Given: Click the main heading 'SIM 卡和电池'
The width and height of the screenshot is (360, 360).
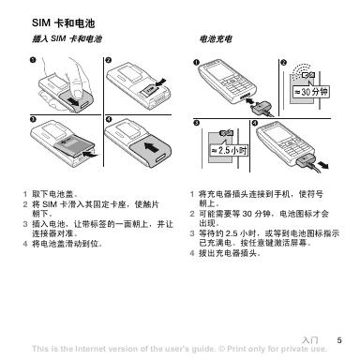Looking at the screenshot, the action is pyautogui.click(x=64, y=23).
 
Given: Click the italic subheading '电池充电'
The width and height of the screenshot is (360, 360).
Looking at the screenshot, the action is pyautogui.click(x=216, y=39).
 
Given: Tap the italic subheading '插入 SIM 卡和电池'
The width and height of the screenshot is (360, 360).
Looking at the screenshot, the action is pyautogui.click(x=67, y=39).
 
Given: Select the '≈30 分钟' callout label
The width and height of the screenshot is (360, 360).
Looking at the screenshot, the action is pyautogui.click(x=310, y=92).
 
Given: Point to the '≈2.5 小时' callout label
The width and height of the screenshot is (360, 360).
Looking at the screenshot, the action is pyautogui.click(x=230, y=151).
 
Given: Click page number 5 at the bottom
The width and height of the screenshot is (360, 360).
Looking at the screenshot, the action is pyautogui.click(x=339, y=340).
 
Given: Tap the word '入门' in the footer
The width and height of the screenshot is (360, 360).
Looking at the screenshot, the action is pyautogui.click(x=310, y=340).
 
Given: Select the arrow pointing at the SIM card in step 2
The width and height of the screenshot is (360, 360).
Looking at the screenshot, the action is pyautogui.click(x=161, y=82).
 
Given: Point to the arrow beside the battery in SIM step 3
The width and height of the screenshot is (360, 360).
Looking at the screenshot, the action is pyautogui.click(x=91, y=154).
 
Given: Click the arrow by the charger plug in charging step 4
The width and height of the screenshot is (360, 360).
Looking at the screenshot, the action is pyautogui.click(x=322, y=165).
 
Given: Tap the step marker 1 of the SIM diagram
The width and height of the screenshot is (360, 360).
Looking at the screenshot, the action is pyautogui.click(x=33, y=60).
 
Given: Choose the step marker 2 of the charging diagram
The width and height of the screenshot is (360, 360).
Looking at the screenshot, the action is pyautogui.click(x=283, y=63).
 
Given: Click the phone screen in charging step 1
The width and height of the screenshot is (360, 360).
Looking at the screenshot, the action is pyautogui.click(x=218, y=72).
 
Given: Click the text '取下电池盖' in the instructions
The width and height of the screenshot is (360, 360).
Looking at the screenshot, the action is pyautogui.click(x=52, y=194).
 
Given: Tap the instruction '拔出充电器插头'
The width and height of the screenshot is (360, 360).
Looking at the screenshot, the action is pyautogui.click(x=228, y=253).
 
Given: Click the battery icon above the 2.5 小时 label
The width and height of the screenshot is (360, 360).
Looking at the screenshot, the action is pyautogui.click(x=227, y=133).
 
